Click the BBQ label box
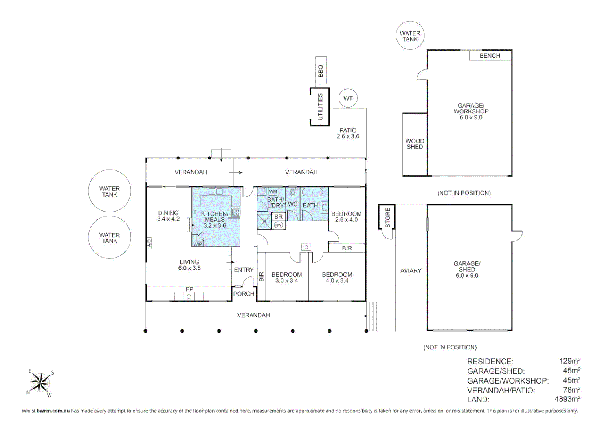pos(321,71)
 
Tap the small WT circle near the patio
pos(348,98)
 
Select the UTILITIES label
pos(320,107)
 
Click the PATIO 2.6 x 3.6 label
pos(348,133)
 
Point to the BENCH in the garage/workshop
pos(490,55)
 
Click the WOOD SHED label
pos(415,144)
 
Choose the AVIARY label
pos(411,270)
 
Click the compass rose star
pos(40,383)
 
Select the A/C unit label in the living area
pos(149,243)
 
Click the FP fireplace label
pos(189,289)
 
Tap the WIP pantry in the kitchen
pos(198,244)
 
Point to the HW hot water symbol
pos(278,225)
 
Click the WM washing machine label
pos(273,192)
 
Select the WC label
pos(293,204)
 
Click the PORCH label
pos(244,294)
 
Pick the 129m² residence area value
pos(569,361)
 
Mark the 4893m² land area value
pos(567,399)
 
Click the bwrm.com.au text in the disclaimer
pos(53,411)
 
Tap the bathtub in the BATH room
pos(312,192)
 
